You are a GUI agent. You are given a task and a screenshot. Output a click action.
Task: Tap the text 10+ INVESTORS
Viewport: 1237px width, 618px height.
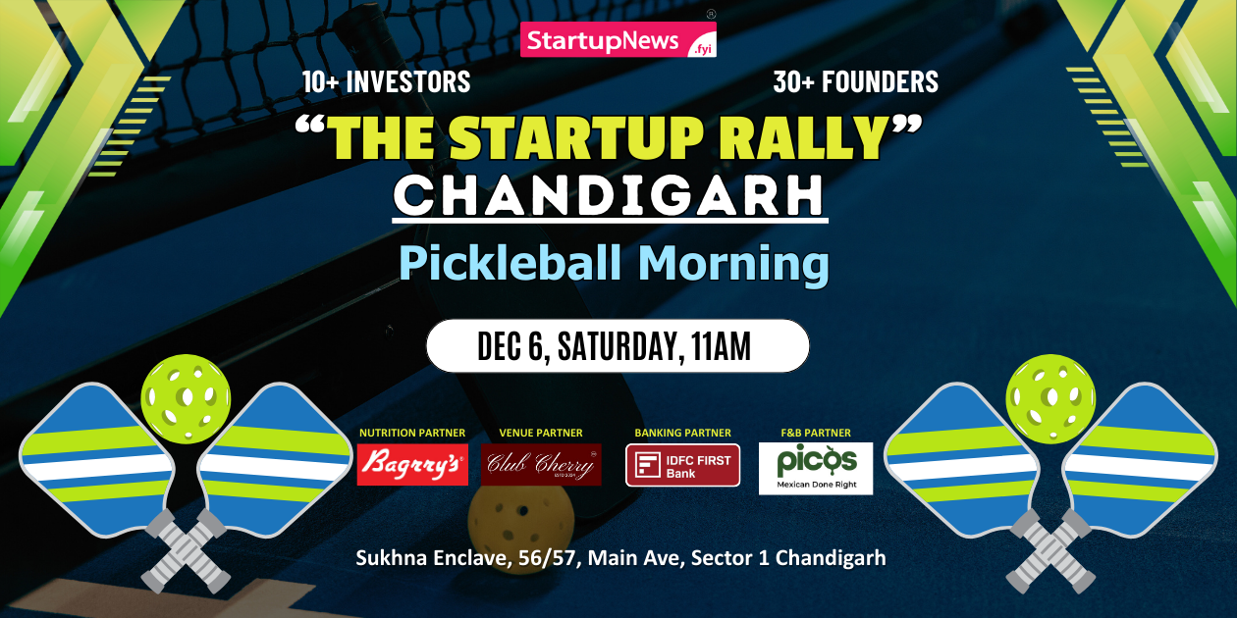point(386,82)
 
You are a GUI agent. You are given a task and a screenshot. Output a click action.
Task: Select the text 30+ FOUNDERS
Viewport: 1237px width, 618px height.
point(855,82)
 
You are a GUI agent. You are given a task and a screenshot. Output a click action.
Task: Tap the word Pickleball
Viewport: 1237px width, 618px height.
point(509,264)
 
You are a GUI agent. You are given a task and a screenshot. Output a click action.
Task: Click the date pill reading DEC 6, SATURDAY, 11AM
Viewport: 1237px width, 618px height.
point(618,345)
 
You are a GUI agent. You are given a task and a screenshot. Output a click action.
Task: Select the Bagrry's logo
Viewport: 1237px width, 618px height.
point(411,465)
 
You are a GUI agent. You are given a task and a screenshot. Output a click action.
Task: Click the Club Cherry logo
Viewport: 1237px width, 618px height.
point(541,465)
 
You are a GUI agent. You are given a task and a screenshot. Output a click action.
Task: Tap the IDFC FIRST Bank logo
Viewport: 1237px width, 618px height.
point(682,465)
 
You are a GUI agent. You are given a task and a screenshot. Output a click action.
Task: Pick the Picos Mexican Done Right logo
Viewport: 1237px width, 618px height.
point(816,468)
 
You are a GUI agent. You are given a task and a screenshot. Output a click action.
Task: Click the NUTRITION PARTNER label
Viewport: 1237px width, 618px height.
point(412,433)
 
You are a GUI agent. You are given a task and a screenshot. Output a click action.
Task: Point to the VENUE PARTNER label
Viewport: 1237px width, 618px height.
point(541,433)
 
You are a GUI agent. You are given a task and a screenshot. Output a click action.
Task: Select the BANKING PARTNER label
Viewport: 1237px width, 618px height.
point(682,433)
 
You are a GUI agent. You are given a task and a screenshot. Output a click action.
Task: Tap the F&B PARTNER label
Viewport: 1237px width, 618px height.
point(816,433)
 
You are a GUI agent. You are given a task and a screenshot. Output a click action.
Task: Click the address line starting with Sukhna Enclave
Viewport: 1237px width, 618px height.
point(620,558)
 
